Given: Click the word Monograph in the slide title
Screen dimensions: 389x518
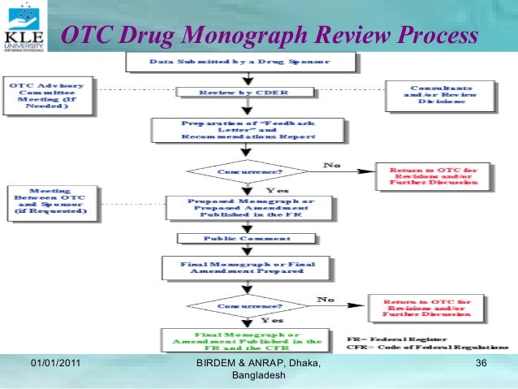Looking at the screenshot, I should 243,36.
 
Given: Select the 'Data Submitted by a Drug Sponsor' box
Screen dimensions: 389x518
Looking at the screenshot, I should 240,63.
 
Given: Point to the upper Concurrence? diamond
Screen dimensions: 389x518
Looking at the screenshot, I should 248,171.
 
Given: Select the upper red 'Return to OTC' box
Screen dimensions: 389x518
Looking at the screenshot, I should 434,177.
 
